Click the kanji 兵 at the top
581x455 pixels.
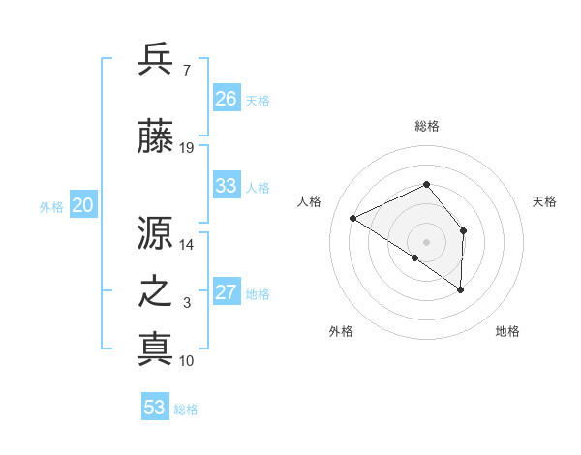pos(155,59)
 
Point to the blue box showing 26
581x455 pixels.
pos(227,99)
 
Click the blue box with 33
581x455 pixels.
pos(227,186)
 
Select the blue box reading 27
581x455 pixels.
pos(227,292)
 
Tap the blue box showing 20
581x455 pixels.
pos(82,205)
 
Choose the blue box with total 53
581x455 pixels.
pos(155,408)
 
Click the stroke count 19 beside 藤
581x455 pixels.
pos(187,148)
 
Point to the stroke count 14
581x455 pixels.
pos(187,246)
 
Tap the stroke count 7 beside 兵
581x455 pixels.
pos(186,70)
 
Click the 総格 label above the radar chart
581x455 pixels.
pos(426,126)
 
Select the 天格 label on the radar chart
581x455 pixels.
pos(544,201)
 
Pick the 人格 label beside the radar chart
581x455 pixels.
pos(309,201)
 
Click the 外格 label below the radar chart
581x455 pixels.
pos(341,331)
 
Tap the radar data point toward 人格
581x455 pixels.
pos(353,218)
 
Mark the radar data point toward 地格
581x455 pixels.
pos(460,289)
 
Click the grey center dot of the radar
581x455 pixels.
pos(426,241)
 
